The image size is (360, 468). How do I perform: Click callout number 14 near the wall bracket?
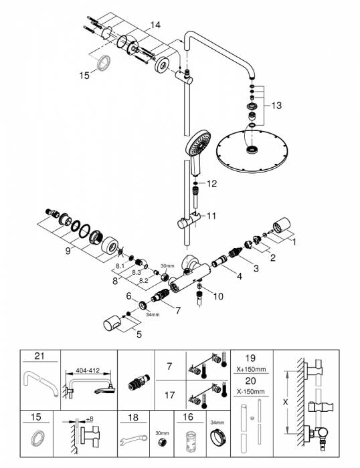click(155, 25)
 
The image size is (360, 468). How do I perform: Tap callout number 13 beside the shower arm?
click(276, 106)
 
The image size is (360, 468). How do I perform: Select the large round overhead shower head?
click(251, 151)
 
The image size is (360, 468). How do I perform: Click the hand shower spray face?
click(198, 142)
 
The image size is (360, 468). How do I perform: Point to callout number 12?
click(211, 184)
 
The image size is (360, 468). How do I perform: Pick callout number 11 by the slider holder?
click(211, 216)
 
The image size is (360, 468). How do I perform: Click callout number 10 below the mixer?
click(218, 296)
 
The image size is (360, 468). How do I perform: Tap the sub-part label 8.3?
click(137, 272)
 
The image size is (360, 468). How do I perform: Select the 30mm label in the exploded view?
click(167, 265)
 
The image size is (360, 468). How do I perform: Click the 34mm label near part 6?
click(153, 314)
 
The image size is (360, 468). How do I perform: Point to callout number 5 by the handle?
click(139, 334)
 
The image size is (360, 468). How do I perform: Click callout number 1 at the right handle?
click(294, 241)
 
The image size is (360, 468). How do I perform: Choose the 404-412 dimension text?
click(87, 370)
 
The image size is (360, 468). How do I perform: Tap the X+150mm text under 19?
click(251, 369)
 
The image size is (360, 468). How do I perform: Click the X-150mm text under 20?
click(251, 391)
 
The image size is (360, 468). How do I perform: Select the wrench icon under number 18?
click(133, 440)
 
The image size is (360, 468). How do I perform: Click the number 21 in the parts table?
click(39, 356)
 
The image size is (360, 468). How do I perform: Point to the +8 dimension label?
click(89, 419)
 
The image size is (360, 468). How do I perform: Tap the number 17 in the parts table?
click(169, 395)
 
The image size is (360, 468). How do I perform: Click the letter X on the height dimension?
click(285, 402)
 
